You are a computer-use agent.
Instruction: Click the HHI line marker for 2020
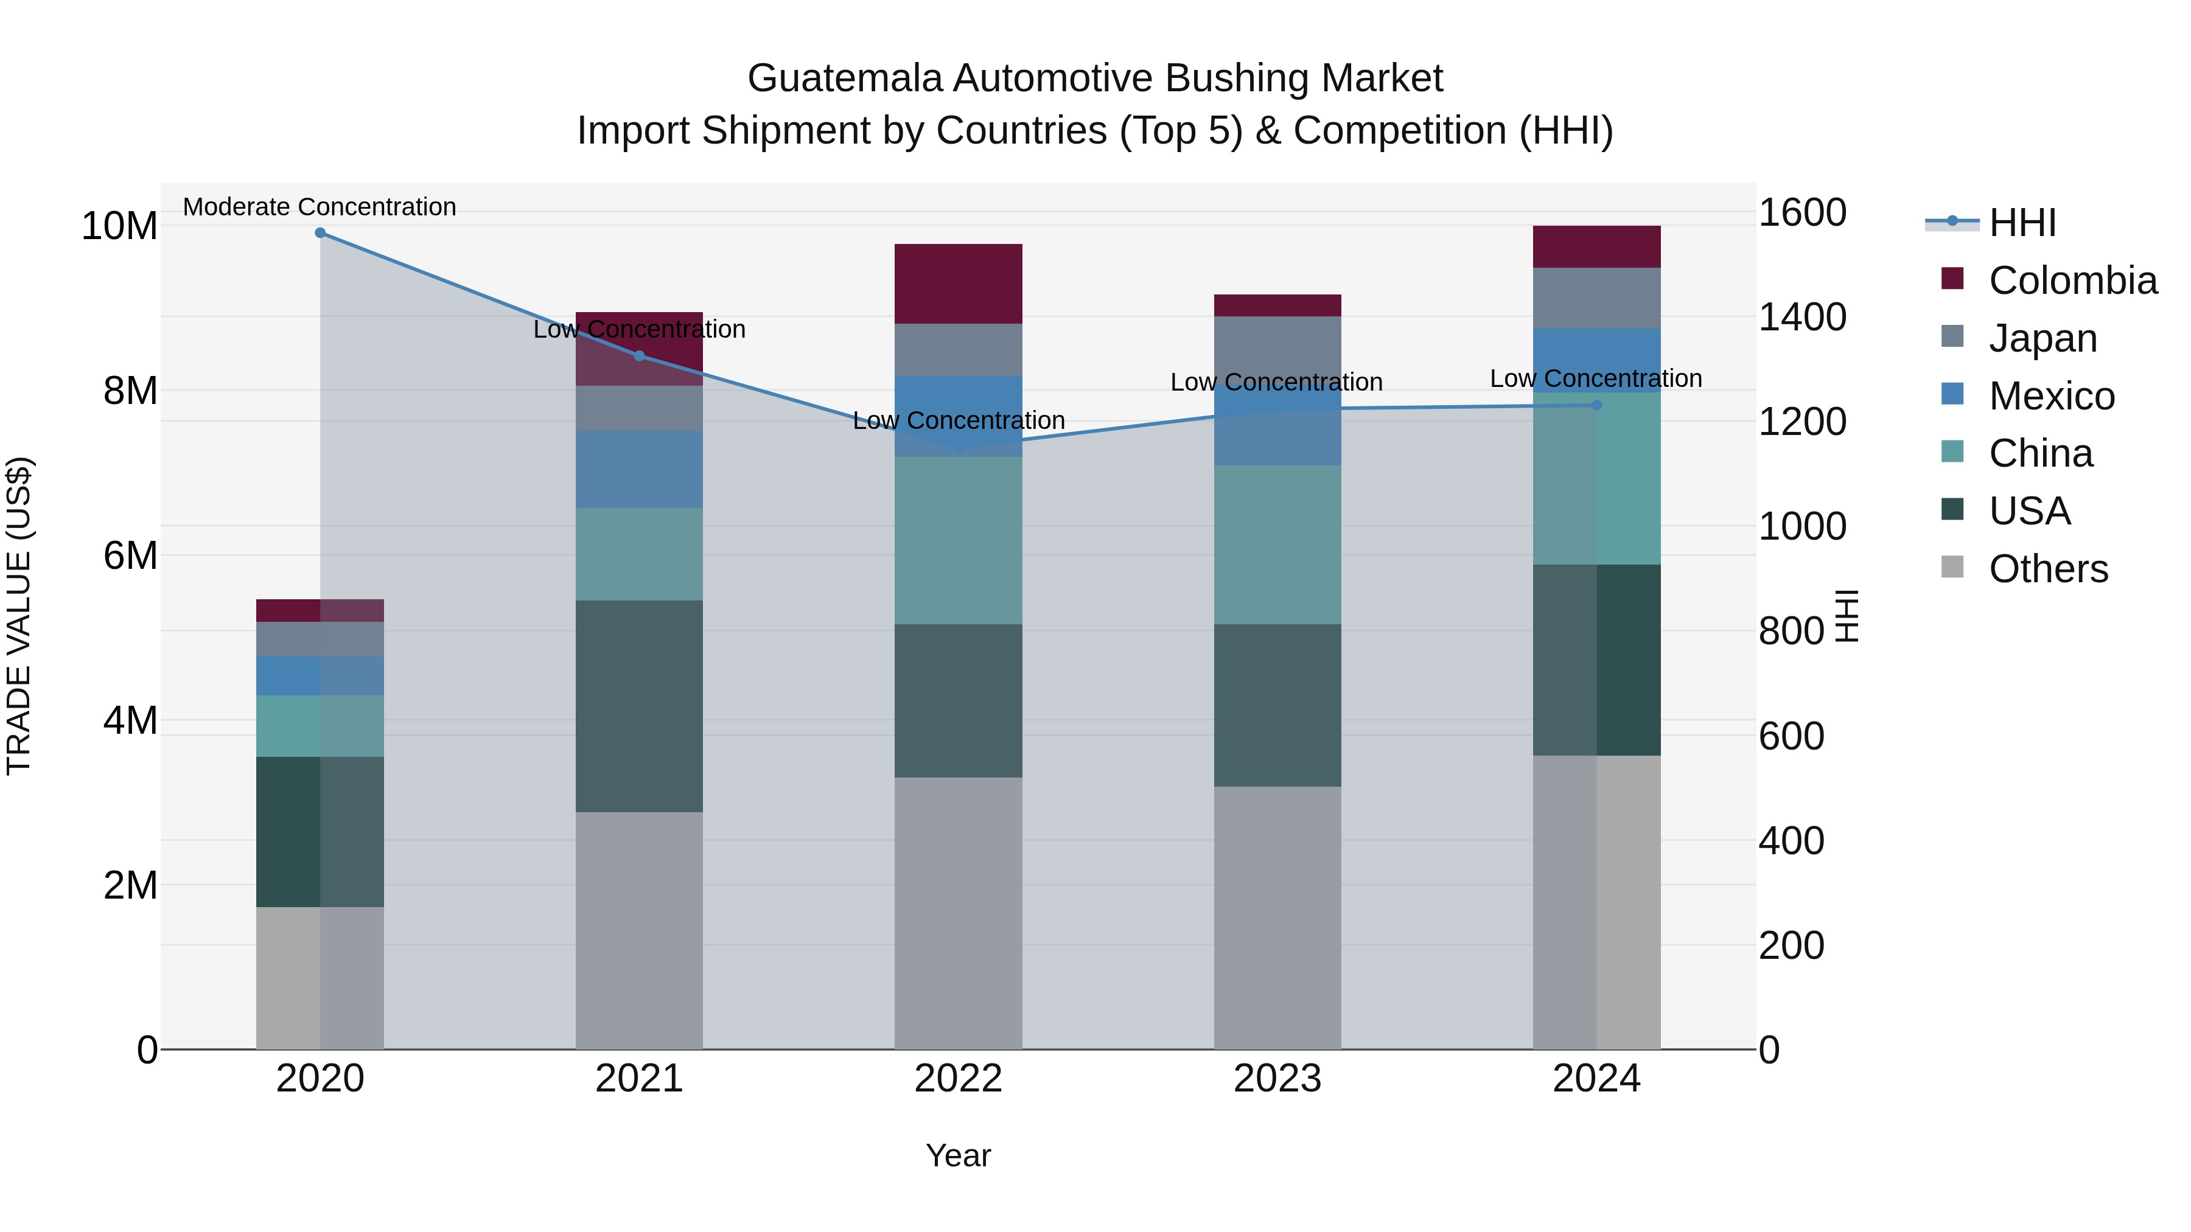(320, 233)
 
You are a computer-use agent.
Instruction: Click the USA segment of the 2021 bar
(639, 706)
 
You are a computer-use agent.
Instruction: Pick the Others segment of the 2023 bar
(1277, 917)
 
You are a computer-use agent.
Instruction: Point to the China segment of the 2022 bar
(959, 541)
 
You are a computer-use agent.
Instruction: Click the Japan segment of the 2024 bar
(1596, 299)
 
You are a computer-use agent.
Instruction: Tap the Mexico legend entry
(2050, 396)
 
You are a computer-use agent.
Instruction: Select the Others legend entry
(2047, 569)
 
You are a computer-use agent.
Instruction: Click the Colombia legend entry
(2072, 280)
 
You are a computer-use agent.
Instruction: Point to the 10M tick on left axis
(119, 226)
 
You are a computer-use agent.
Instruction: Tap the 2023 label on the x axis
(1277, 1079)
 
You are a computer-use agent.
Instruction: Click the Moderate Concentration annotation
(320, 207)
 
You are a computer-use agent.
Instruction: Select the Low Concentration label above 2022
(959, 421)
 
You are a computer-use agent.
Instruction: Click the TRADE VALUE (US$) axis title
(19, 616)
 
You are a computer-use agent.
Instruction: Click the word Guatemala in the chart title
(845, 78)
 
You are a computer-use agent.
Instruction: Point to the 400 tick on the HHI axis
(1791, 841)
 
